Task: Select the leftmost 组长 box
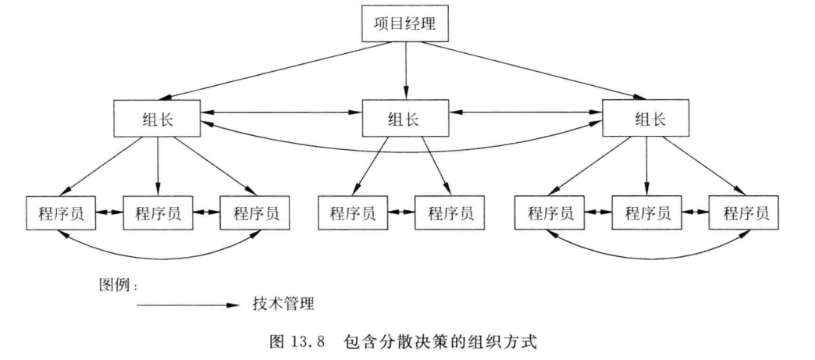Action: [157, 119]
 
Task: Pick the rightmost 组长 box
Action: [646, 119]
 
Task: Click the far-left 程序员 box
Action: [62, 212]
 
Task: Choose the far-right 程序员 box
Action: [746, 212]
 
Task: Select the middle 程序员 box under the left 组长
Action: [158, 212]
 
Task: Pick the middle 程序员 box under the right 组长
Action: [646, 212]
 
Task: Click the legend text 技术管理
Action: [283, 301]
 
